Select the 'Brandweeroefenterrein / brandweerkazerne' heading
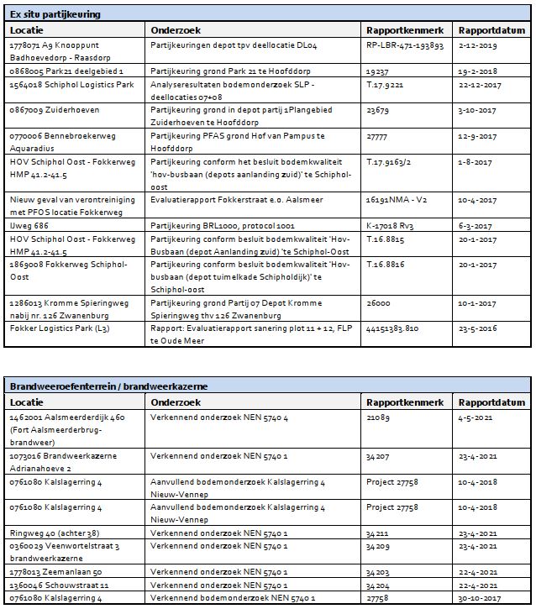pyautogui.click(x=109, y=386)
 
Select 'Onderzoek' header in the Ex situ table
pyautogui.click(x=175, y=30)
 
